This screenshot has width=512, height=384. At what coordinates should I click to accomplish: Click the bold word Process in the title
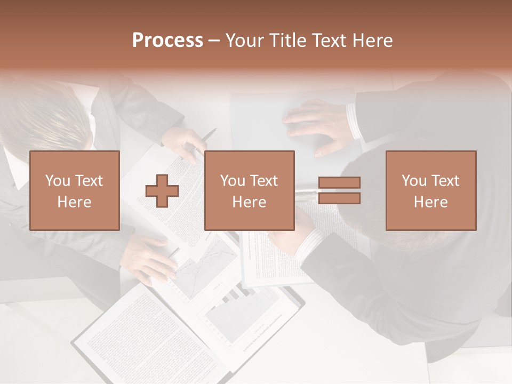pyautogui.click(x=167, y=41)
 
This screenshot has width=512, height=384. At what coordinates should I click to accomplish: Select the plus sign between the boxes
pyautogui.click(x=162, y=190)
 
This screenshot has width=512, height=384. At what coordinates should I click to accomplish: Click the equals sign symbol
pyautogui.click(x=339, y=190)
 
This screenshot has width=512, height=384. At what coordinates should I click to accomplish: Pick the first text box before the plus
pyautogui.click(x=75, y=190)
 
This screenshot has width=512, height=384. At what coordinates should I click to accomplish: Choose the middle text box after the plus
pyautogui.click(x=249, y=190)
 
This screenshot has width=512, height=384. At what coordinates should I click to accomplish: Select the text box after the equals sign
pyautogui.click(x=431, y=190)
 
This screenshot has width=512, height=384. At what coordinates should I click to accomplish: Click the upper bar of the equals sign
pyautogui.click(x=339, y=183)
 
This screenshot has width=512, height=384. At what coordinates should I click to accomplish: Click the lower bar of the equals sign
pyautogui.click(x=339, y=198)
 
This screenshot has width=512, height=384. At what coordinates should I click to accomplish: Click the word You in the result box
pyautogui.click(x=413, y=181)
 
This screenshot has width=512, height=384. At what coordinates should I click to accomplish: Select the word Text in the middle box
pyautogui.click(x=263, y=181)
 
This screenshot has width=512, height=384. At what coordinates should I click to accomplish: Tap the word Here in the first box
pyautogui.click(x=75, y=202)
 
